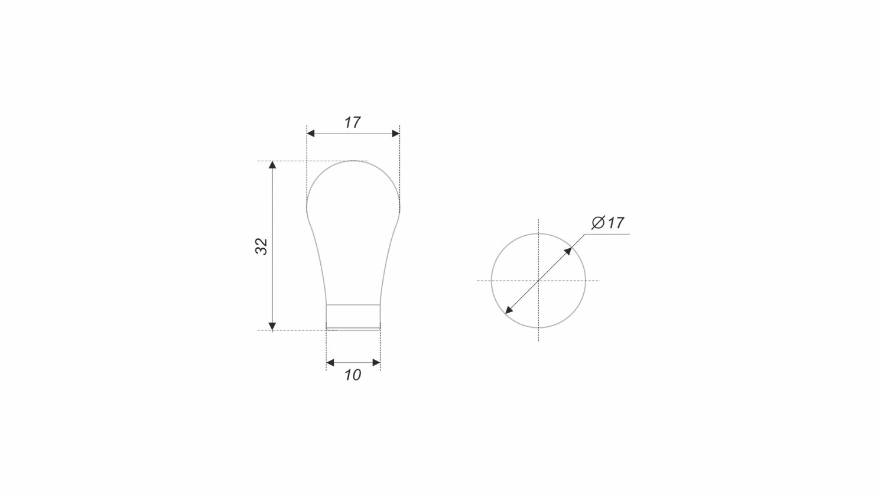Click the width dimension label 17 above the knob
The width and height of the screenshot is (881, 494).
(352, 122)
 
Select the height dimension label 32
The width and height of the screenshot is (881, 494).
(262, 246)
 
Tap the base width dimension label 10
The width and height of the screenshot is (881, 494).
(353, 375)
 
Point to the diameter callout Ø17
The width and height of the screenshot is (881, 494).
(607, 223)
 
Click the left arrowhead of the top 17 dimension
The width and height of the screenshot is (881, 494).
(310, 134)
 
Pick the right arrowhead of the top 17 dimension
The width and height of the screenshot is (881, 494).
(396, 134)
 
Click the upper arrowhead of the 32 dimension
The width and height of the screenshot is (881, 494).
(272, 165)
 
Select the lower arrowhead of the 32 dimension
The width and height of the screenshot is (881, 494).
(272, 326)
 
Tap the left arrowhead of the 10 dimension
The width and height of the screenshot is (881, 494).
(330, 363)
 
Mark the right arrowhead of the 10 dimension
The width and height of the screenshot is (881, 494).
(376, 363)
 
